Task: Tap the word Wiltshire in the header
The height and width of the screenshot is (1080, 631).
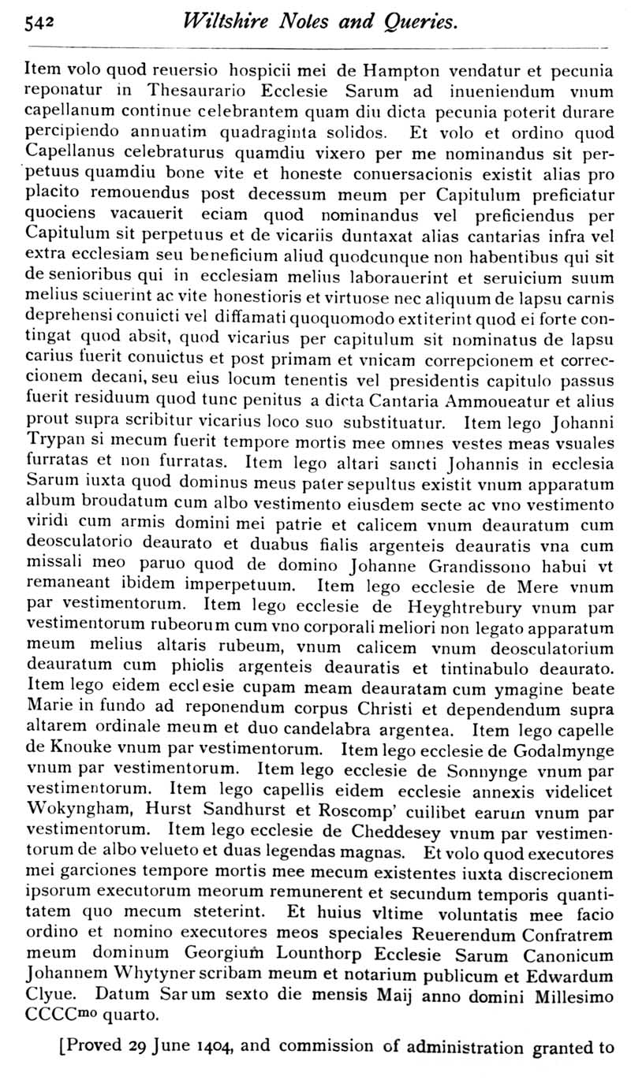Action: [x=225, y=22]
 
